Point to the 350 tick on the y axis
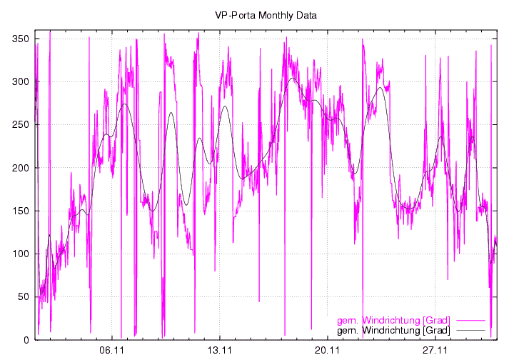(x=21, y=39)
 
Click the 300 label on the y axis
(x=21, y=81)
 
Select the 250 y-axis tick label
(x=21, y=124)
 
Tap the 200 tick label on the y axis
(x=21, y=168)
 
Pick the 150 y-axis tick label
(x=21, y=211)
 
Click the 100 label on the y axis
(x=21, y=254)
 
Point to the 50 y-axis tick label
(x=24, y=296)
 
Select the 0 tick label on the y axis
(x=26, y=340)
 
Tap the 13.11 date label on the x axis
(x=220, y=351)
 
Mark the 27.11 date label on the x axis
(x=434, y=351)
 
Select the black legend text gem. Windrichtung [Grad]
(x=393, y=331)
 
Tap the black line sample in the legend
(x=473, y=331)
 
